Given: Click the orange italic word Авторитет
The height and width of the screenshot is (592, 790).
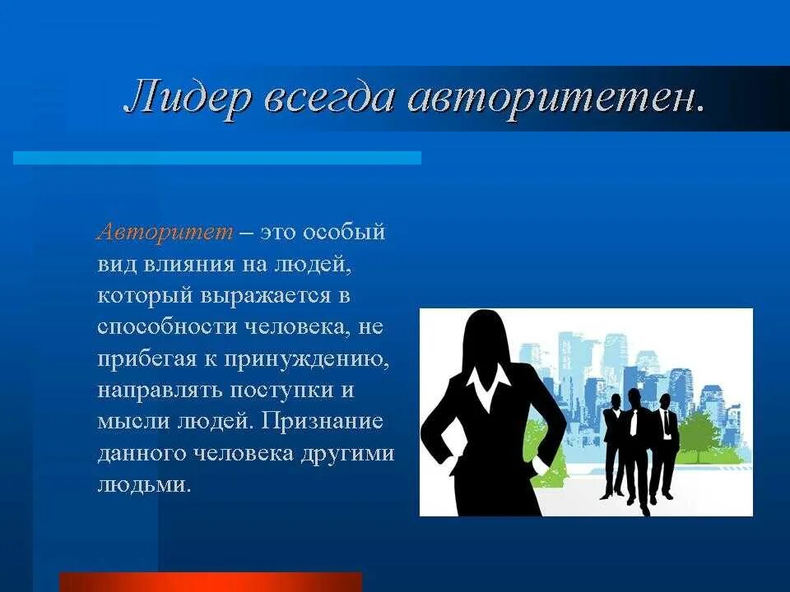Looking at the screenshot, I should point(165,232).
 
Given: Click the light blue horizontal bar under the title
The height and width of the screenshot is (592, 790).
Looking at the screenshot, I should point(217,157).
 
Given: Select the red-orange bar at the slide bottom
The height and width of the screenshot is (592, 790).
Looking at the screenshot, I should point(211,582).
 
